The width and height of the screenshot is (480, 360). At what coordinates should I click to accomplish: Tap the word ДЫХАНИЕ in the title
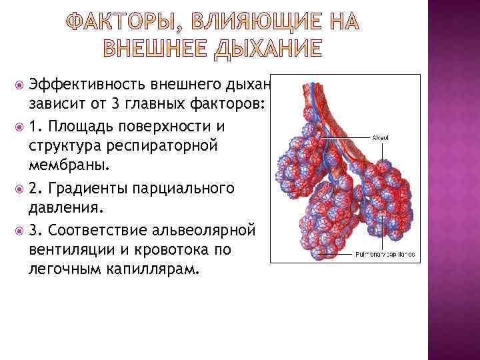click(267, 49)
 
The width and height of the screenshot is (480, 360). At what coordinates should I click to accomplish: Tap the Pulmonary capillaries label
click(385, 254)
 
